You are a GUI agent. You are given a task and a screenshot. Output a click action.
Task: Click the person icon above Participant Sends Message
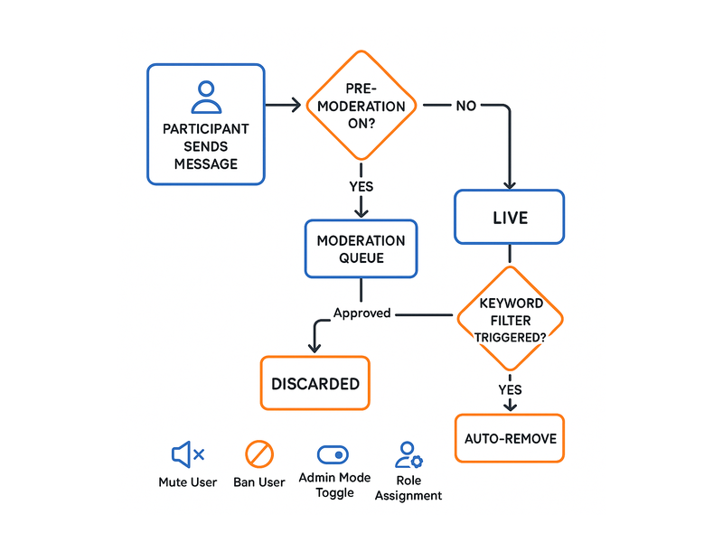206,98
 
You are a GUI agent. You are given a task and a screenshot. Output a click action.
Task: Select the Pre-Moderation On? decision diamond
361,106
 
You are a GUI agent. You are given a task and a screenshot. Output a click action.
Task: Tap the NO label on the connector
465,106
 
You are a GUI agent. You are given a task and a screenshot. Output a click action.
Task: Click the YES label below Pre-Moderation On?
361,187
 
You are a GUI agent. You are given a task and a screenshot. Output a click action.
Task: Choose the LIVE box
510,217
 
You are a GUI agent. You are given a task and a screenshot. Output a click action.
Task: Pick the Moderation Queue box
361,249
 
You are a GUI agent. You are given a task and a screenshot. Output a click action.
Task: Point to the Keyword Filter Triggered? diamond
510,319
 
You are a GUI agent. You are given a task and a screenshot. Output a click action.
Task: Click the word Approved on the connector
362,313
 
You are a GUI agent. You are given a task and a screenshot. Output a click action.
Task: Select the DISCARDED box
315,383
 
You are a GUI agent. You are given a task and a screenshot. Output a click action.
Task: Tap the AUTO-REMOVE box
510,438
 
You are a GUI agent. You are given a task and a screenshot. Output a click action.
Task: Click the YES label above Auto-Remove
510,390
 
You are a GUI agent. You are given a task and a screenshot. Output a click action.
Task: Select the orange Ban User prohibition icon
259,454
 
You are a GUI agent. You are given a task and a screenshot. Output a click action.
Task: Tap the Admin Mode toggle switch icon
333,455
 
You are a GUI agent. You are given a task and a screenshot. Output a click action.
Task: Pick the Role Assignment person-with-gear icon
408,455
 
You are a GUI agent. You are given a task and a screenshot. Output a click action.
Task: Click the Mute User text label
188,482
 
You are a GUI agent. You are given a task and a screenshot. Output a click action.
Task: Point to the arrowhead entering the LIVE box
510,185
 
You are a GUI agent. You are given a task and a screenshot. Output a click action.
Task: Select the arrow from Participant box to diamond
283,105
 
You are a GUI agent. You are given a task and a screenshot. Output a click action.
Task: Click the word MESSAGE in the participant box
206,164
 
